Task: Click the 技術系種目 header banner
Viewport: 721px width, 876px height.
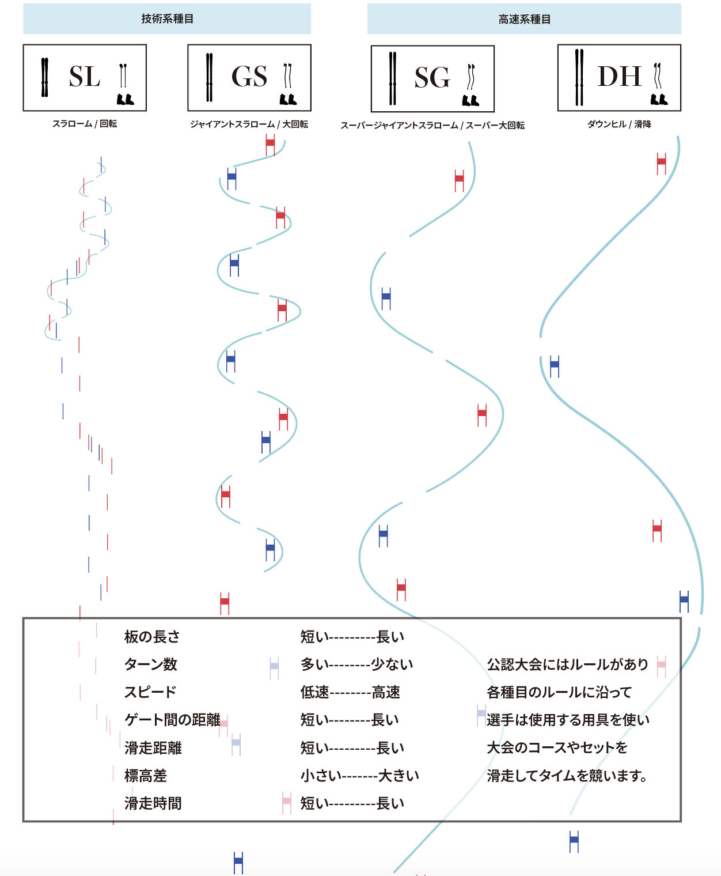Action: click(167, 19)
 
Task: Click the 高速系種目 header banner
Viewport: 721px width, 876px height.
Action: click(524, 19)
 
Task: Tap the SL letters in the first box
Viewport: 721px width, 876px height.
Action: click(84, 77)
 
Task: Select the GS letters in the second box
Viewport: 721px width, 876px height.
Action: click(249, 77)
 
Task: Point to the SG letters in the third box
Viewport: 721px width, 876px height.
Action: click(432, 78)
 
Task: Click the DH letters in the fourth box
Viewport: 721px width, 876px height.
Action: click(619, 77)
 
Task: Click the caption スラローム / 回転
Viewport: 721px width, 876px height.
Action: click(85, 123)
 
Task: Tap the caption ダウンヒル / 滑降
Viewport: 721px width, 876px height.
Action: click(619, 124)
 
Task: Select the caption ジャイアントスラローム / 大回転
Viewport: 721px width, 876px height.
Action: click(249, 124)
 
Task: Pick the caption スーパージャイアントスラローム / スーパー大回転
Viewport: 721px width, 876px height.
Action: click(432, 125)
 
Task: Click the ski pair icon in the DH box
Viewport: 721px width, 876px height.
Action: click(579, 77)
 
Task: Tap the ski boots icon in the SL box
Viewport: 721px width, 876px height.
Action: click(125, 99)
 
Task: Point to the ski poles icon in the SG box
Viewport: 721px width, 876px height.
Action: click(471, 77)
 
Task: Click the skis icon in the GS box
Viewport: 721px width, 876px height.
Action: click(209, 77)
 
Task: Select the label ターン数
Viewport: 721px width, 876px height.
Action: click(151, 664)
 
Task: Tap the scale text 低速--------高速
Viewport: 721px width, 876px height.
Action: click(350, 692)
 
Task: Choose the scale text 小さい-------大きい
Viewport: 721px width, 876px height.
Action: click(359, 776)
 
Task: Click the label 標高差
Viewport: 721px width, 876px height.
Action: click(146, 776)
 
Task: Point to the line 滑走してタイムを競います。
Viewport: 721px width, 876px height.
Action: click(567, 776)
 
